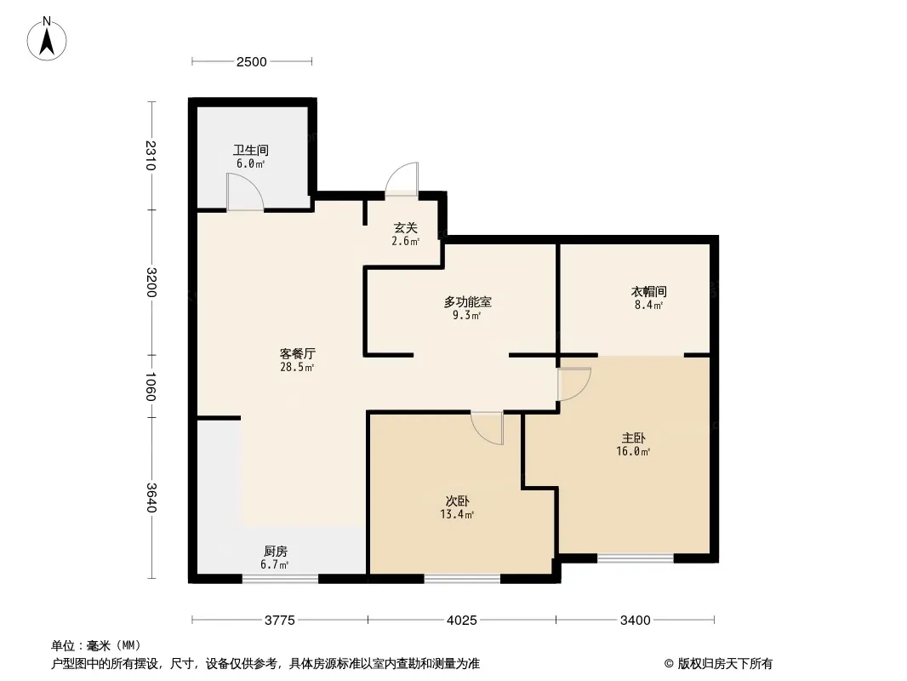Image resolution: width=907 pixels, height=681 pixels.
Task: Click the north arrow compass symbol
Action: pos(47,39)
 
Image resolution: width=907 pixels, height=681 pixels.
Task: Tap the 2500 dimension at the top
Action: pos(252,62)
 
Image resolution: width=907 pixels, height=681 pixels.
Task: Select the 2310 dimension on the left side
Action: pos(151,155)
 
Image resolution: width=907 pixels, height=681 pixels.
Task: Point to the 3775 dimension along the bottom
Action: pos(280,621)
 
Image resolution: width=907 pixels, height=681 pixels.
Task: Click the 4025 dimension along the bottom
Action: pos(462,621)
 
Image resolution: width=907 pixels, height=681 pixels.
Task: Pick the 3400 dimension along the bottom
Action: pos(635,621)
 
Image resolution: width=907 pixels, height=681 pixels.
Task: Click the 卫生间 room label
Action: pos(250,151)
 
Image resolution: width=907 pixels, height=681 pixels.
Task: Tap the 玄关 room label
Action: pos(406,228)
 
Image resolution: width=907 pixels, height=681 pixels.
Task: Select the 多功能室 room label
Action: pos(467,302)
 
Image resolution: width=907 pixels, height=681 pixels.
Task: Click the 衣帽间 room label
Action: pos(648,292)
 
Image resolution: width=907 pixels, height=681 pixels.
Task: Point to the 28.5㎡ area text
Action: pos(297,368)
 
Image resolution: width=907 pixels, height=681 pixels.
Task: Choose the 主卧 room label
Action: pos(633,438)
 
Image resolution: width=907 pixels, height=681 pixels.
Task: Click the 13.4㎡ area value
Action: pos(457,514)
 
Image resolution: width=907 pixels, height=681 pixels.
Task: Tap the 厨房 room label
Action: pos(276,552)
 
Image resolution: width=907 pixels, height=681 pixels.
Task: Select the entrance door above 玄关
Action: pos(402,179)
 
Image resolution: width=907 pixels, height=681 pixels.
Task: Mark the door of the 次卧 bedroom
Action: pos(487,428)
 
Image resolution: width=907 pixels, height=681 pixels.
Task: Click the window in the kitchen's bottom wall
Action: pos(280,578)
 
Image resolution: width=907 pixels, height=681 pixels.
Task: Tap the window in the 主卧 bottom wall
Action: pos(635,558)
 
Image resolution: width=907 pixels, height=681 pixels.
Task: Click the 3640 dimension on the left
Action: pos(151,498)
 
